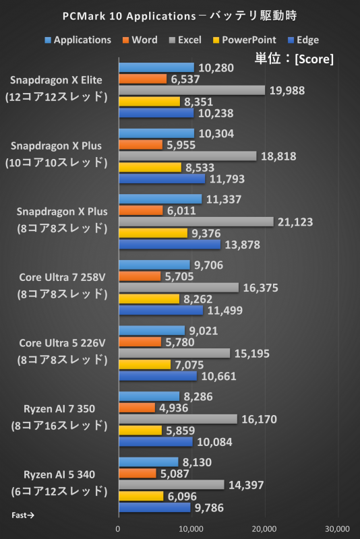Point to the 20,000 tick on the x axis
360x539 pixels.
point(264,528)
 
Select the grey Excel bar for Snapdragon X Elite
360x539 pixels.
point(191,90)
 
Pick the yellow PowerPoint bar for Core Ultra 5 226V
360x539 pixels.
point(144,364)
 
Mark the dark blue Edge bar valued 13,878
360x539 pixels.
point(169,244)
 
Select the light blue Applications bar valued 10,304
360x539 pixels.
point(156,133)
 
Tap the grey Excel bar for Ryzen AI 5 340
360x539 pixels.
point(171,484)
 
